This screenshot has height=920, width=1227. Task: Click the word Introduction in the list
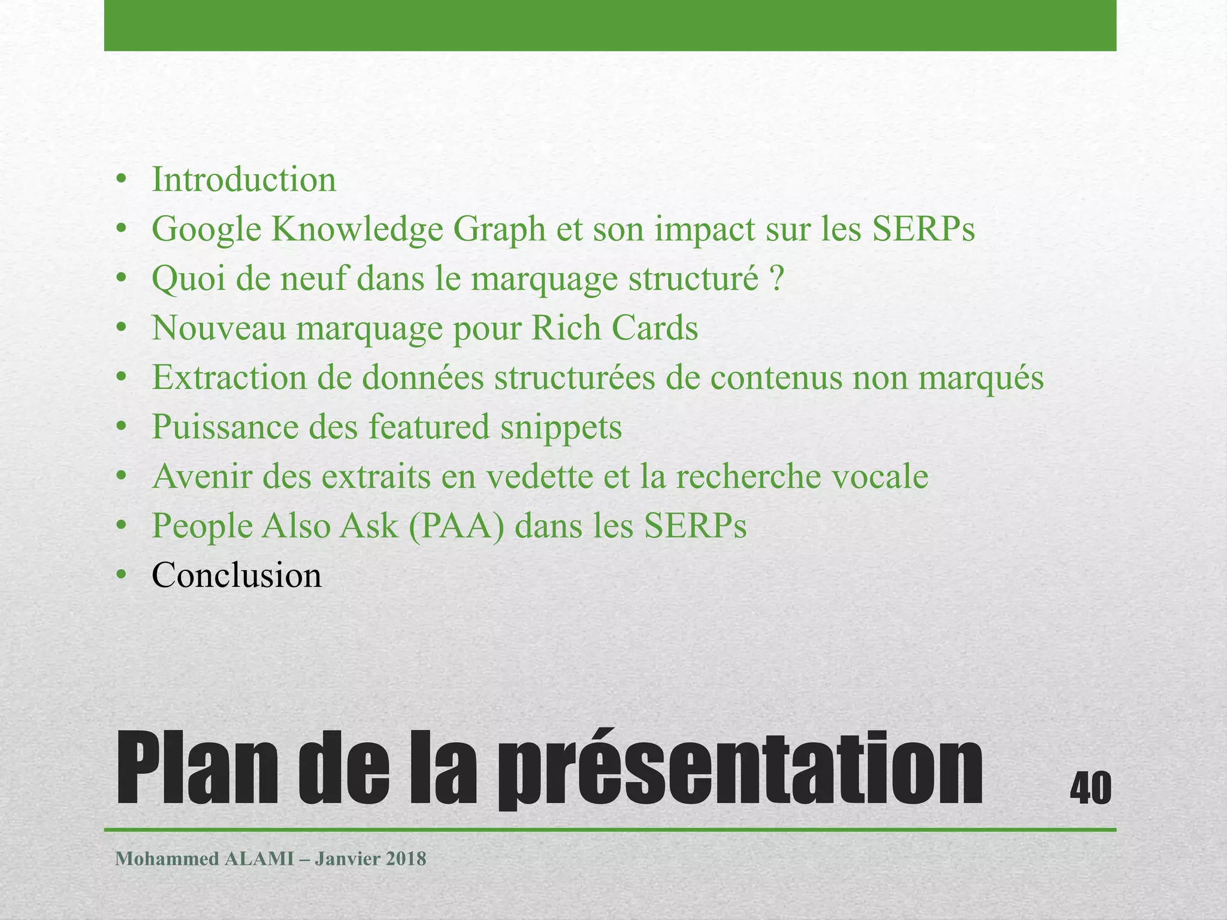[244, 180]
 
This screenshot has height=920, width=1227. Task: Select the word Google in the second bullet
[206, 230]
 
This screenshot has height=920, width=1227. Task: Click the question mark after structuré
[777, 279]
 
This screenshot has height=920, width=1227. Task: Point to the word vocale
[880, 477]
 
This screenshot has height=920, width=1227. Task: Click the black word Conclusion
[237, 576]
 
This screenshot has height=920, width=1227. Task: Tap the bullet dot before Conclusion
[122, 576]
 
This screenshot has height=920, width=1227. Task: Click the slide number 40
[1090, 788]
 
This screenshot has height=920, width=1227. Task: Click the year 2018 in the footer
[406, 859]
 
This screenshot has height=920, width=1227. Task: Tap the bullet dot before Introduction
[122, 180]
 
